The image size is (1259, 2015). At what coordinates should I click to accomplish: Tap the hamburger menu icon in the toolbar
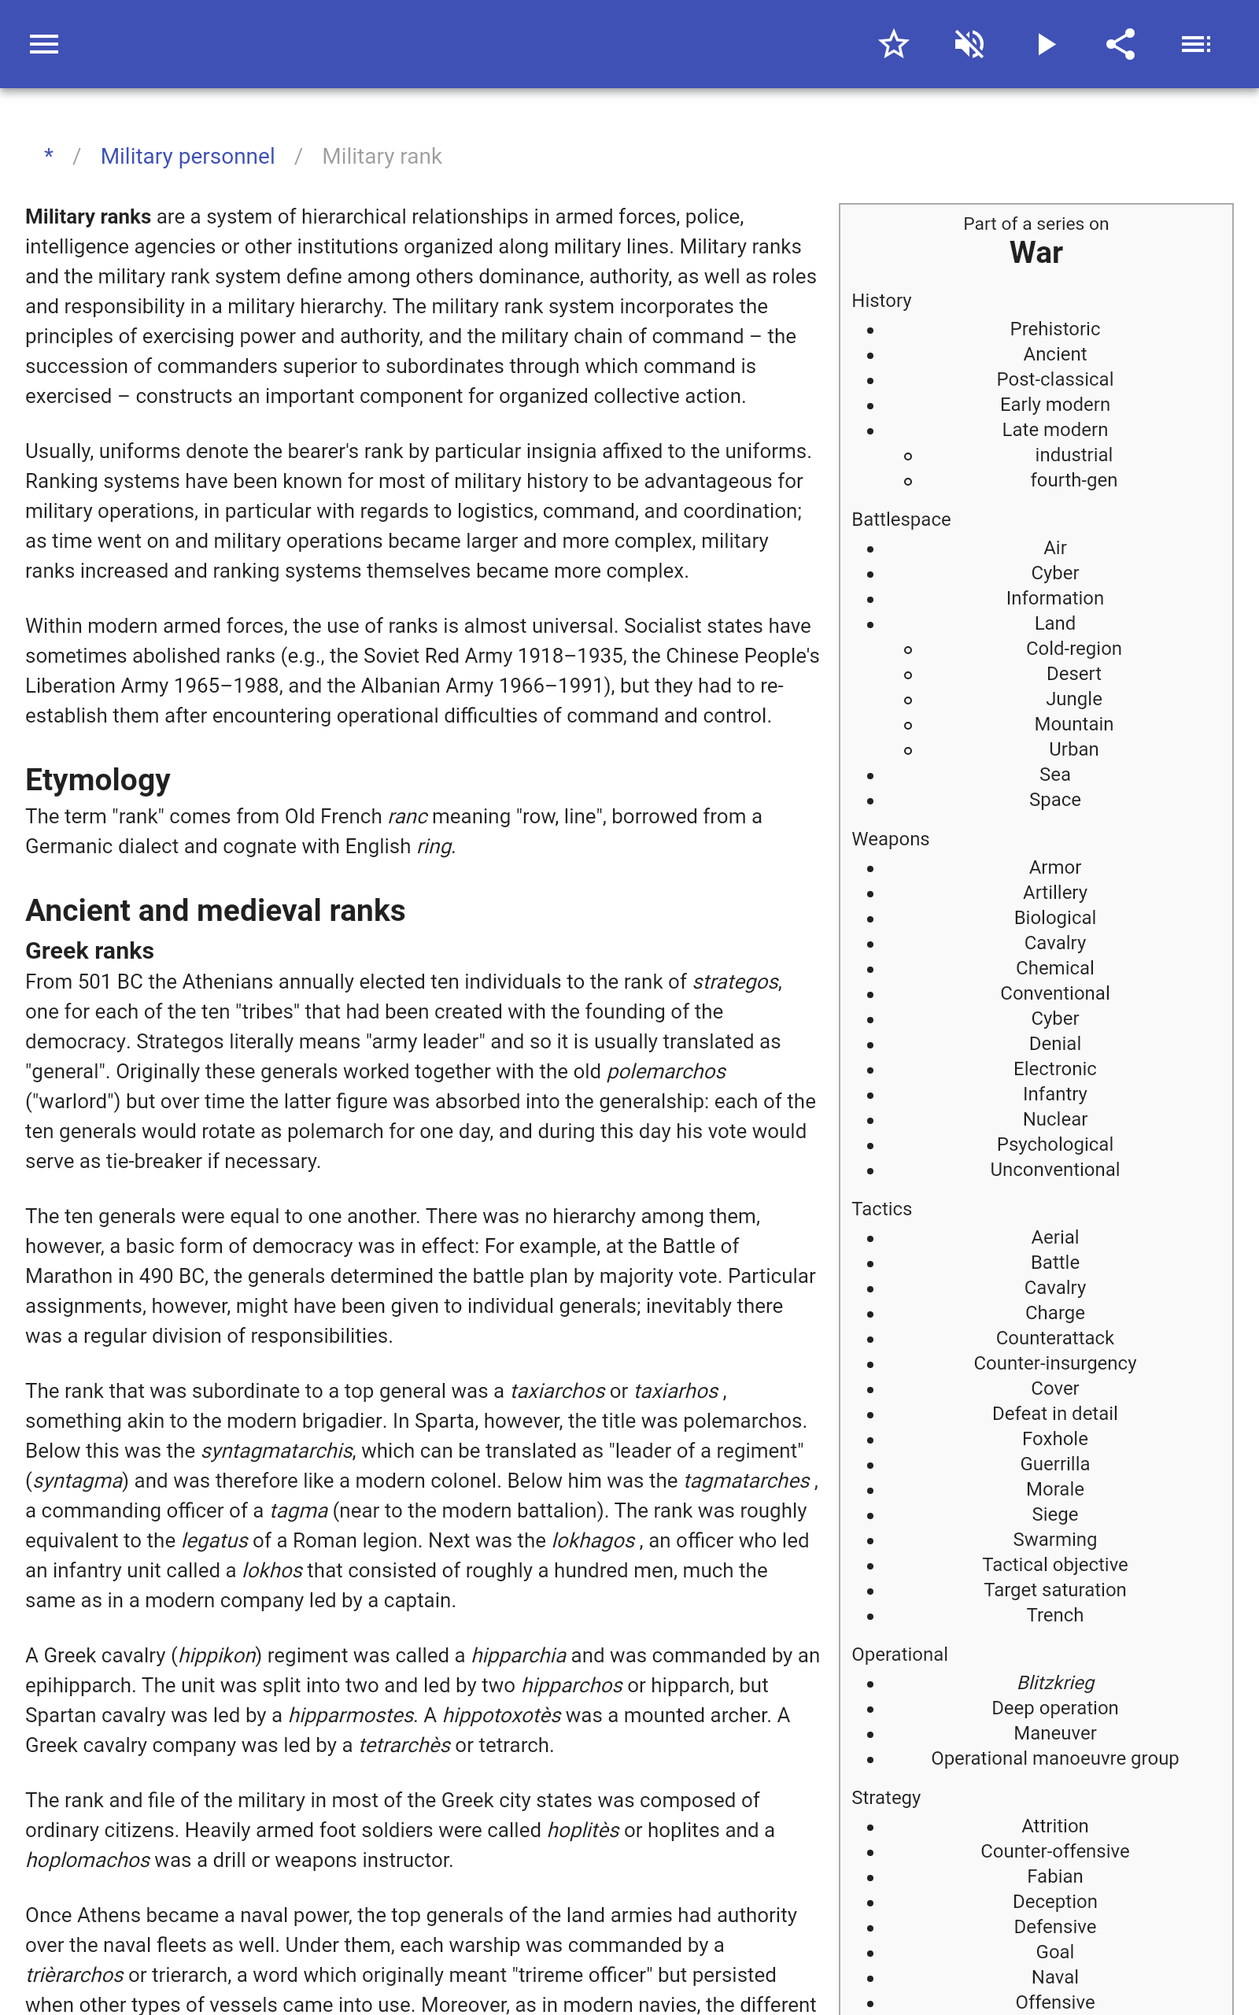click(x=44, y=44)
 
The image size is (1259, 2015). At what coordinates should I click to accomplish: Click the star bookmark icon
click(x=893, y=44)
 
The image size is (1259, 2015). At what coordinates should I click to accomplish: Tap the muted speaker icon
click(x=969, y=44)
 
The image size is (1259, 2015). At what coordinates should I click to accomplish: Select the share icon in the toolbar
click(x=1121, y=44)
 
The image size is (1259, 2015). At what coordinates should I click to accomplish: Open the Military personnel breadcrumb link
click(x=187, y=157)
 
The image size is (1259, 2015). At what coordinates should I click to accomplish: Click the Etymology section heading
click(x=98, y=780)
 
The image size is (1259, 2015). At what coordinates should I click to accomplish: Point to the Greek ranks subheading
click(x=89, y=951)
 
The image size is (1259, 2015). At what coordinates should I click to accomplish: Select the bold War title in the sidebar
click(x=1036, y=253)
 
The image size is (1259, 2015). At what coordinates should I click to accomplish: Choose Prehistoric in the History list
click(x=1054, y=329)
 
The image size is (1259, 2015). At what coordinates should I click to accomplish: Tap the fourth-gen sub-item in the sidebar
click(x=1073, y=480)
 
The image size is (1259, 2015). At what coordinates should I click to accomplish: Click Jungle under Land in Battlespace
click(x=1073, y=700)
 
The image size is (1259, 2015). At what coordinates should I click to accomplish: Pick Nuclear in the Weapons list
click(x=1054, y=1119)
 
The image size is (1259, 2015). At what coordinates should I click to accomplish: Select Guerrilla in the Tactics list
click(x=1054, y=1464)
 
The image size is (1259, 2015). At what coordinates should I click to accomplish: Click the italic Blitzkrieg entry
click(x=1055, y=1683)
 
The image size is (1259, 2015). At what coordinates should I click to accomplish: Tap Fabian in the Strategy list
click(x=1054, y=1876)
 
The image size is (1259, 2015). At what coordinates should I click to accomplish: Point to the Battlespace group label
click(x=901, y=519)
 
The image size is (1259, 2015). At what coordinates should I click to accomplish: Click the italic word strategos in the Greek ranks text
click(x=736, y=982)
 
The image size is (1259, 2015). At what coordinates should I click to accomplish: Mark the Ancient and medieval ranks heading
click(x=215, y=911)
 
